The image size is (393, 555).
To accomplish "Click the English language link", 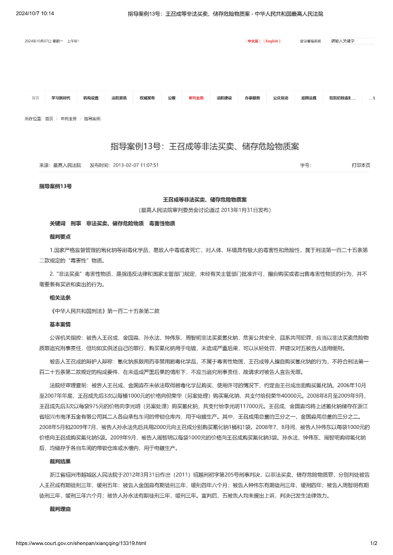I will click(x=272, y=41).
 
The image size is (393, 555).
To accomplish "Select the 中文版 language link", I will click(x=253, y=41).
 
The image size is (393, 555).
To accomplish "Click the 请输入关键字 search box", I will click(x=352, y=41).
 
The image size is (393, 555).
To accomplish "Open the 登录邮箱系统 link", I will click(x=311, y=41).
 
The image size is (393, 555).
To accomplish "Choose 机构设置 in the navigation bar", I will click(x=91, y=98).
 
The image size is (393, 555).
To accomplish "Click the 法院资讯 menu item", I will click(x=119, y=98).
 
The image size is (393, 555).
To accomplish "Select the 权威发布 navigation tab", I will click(x=147, y=98).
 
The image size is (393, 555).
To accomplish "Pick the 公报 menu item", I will click(x=172, y=98).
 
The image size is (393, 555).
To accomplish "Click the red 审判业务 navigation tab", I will click(x=196, y=98).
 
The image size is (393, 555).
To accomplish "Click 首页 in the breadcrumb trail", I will click(x=49, y=119).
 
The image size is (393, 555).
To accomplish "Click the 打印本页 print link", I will click(x=361, y=165).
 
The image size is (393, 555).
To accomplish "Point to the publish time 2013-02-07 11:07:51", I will click(x=136, y=165).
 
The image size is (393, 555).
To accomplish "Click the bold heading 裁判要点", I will click(x=60, y=237).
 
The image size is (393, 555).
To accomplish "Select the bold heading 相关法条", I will click(x=60, y=297).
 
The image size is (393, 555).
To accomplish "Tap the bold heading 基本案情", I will click(x=60, y=323).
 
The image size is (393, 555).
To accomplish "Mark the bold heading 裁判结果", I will click(x=60, y=461).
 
